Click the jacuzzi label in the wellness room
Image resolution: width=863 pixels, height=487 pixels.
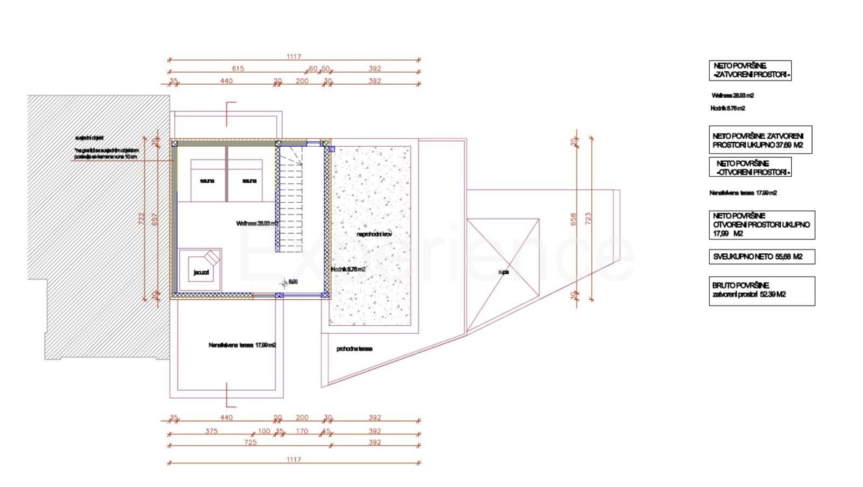click(x=200, y=273)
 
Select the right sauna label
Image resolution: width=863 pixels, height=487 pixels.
click(x=250, y=181)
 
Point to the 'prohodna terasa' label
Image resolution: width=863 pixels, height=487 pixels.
click(x=354, y=349)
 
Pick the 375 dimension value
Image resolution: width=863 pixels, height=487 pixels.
click(x=211, y=431)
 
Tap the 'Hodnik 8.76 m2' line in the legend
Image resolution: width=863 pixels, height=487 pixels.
click(x=726, y=109)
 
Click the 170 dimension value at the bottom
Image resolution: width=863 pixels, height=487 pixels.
click(x=302, y=431)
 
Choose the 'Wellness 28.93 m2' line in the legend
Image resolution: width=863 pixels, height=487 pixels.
click(x=732, y=95)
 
